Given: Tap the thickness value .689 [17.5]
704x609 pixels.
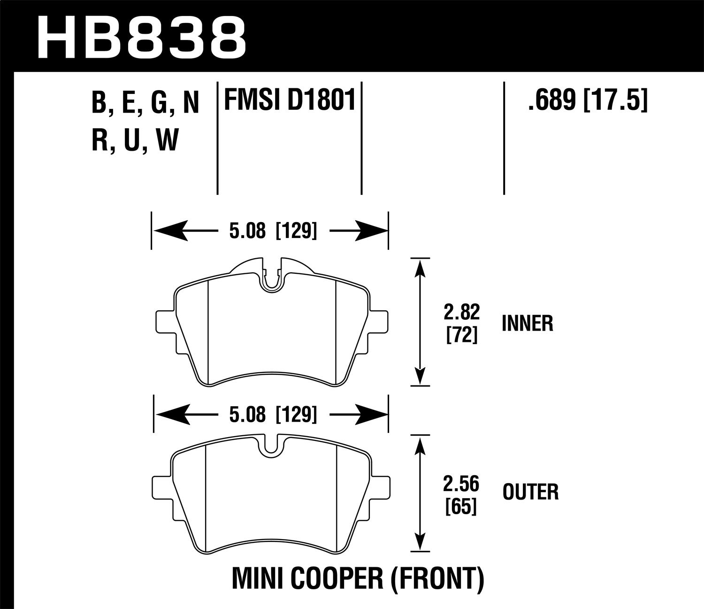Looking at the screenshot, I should (x=587, y=100).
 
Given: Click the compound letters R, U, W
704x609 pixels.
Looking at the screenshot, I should (x=135, y=139).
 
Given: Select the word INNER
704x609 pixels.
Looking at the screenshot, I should (x=528, y=324).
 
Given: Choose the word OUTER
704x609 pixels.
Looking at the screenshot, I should (x=530, y=493).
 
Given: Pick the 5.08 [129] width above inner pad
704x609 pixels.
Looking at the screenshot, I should (x=269, y=231).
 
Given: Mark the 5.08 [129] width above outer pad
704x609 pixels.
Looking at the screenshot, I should (x=269, y=415).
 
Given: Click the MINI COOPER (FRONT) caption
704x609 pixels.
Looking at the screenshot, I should (x=358, y=579).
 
